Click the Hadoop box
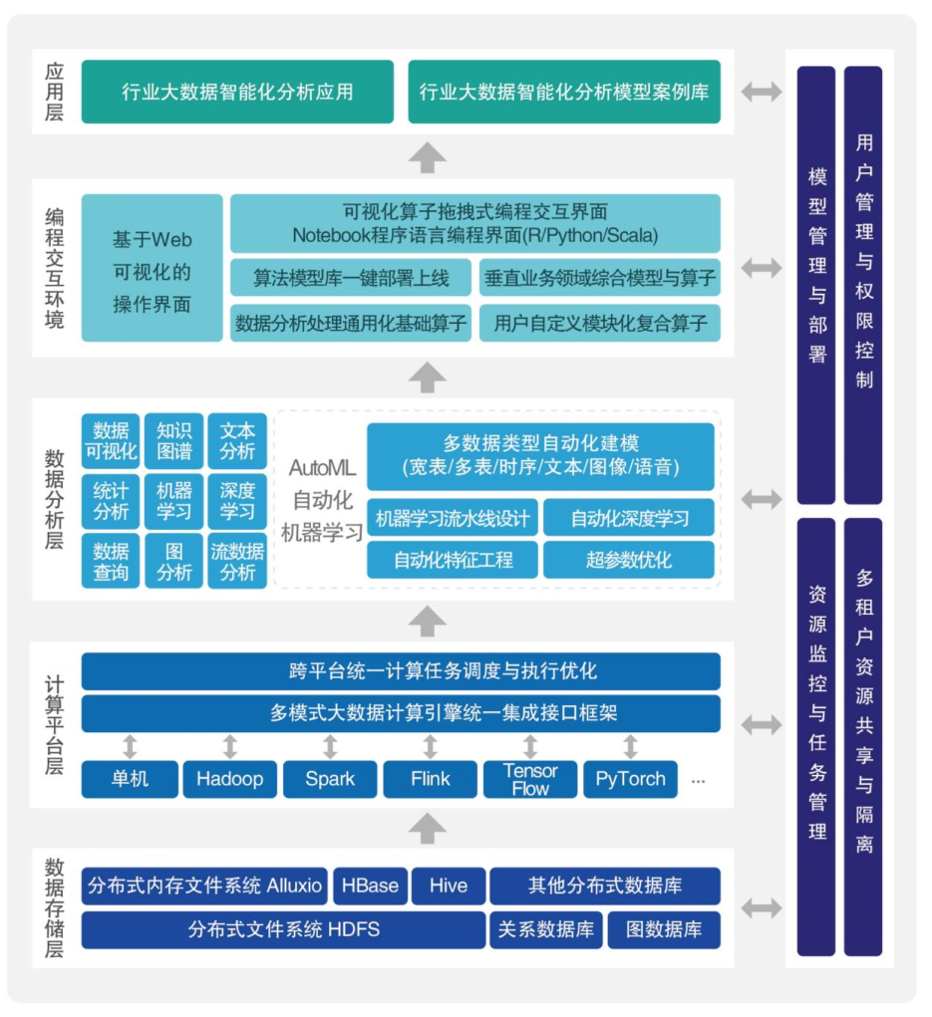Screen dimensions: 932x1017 (x=229, y=779)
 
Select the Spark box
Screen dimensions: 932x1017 (x=330, y=779)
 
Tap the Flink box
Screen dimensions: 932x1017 (x=431, y=779)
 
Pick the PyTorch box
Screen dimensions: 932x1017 (x=630, y=779)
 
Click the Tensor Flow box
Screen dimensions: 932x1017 (x=530, y=779)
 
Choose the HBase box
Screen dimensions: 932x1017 (x=370, y=886)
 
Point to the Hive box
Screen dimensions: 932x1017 (x=449, y=886)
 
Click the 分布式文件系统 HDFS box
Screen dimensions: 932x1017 (x=284, y=930)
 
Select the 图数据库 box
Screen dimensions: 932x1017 (x=664, y=930)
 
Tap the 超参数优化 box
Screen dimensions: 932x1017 (x=629, y=560)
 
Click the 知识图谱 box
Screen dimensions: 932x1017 (x=173, y=441)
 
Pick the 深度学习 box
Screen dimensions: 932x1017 (x=237, y=501)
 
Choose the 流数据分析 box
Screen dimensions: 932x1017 (x=237, y=562)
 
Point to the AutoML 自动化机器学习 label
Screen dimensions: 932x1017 (x=322, y=500)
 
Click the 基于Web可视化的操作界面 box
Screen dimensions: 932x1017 (x=152, y=268)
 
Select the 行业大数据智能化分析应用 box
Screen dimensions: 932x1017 (x=237, y=92)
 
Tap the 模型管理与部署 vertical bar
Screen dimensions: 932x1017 (x=816, y=286)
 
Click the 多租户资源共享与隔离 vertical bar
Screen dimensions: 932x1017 (x=863, y=737)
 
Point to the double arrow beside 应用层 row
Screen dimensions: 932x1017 (x=762, y=92)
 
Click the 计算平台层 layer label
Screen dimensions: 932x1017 (x=54, y=724)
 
